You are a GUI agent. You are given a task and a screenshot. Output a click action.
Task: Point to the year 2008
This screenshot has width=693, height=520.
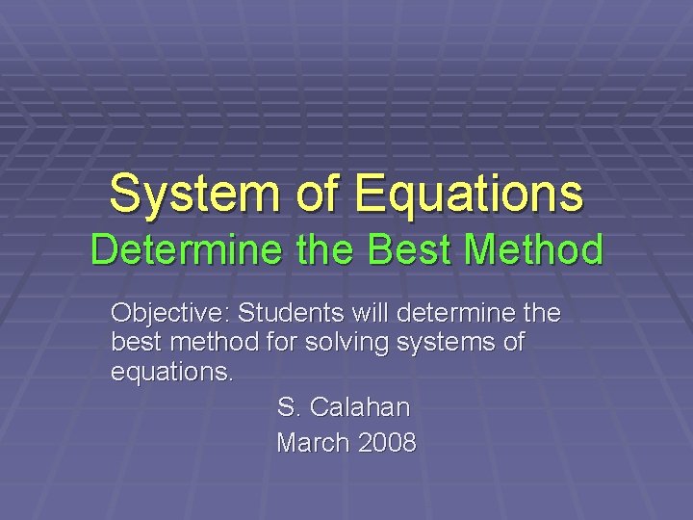(x=388, y=443)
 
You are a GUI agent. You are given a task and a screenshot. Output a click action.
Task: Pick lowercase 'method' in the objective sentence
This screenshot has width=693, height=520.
(x=212, y=343)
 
